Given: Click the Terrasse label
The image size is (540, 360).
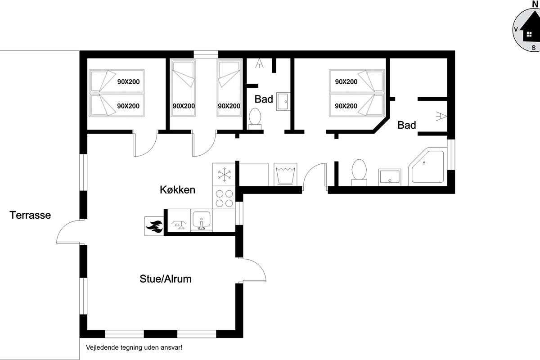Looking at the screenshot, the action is click(x=30, y=215).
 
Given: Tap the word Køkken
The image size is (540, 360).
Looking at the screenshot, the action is click(x=177, y=190).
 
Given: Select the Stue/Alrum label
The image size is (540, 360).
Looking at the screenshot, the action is click(x=166, y=279).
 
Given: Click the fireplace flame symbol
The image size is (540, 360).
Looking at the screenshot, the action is click(x=154, y=226).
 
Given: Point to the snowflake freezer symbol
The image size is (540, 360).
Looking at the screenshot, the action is click(x=224, y=174).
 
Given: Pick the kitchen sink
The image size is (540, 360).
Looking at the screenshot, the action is click(x=201, y=220).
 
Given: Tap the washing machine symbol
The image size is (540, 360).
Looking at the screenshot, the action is click(x=285, y=174).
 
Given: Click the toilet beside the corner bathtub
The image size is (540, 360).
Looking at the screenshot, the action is click(x=359, y=172).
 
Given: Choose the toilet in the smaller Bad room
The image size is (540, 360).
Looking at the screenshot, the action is click(x=255, y=119).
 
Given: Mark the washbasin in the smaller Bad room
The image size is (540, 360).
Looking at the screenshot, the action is click(x=283, y=102).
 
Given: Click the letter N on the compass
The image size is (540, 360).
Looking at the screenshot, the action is click(x=535, y=4).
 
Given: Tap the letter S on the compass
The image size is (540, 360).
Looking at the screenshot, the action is click(x=534, y=48).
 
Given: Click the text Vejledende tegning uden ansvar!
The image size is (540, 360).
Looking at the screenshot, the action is click(x=134, y=347).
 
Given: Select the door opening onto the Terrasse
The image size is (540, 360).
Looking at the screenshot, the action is click(x=70, y=231).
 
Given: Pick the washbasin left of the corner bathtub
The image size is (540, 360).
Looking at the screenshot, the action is click(x=390, y=177).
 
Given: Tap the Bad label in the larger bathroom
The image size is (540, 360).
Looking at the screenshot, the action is click(x=407, y=125).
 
